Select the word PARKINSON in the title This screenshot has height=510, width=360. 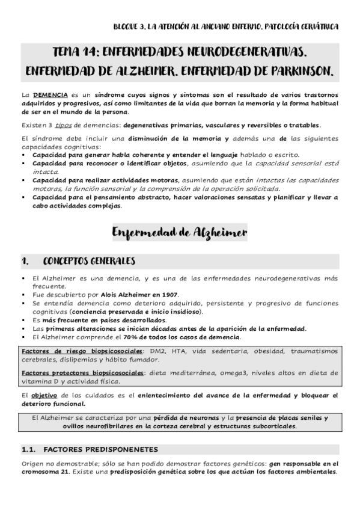tap(299, 71)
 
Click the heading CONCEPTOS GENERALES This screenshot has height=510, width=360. tap(89, 261)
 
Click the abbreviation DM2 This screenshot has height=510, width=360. tap(170, 351)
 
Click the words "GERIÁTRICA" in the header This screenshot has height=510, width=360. tap(318, 26)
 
